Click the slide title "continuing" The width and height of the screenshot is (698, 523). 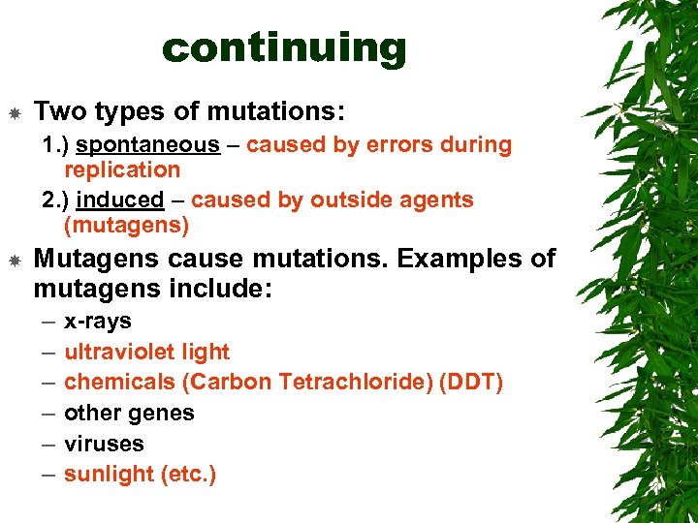[x=284, y=46]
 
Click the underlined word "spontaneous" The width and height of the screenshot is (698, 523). [x=148, y=145]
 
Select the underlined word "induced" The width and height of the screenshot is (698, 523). [x=121, y=200]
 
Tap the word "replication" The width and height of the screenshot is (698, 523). [x=122, y=170]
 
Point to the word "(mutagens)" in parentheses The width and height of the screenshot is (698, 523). [x=126, y=227]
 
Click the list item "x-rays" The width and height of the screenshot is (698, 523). [x=97, y=322]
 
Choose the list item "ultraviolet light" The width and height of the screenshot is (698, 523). [x=146, y=352]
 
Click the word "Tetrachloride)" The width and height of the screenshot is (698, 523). [x=356, y=383]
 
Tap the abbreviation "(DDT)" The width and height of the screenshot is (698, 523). [x=471, y=383]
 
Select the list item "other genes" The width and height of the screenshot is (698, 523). [x=129, y=414]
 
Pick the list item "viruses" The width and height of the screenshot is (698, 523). [x=104, y=444]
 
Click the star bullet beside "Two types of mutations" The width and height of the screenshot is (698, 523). [x=16, y=114]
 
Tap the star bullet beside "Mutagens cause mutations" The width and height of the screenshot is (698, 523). [x=16, y=261]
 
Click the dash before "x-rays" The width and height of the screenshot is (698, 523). [x=48, y=322]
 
